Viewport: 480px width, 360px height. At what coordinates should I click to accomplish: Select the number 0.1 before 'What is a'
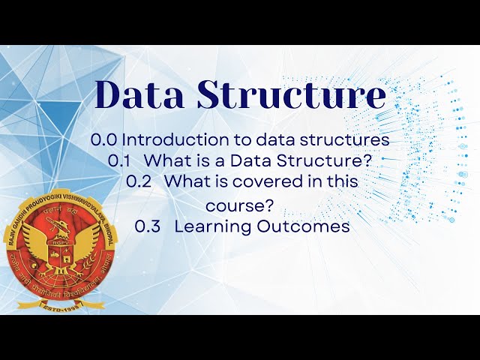(x=120, y=160)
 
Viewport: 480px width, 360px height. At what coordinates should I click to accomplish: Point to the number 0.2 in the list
(x=139, y=181)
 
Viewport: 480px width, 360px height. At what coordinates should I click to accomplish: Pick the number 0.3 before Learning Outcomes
(x=148, y=226)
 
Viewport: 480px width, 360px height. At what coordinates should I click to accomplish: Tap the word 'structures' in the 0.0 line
(x=352, y=139)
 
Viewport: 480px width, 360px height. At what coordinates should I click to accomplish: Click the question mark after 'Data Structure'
(x=367, y=160)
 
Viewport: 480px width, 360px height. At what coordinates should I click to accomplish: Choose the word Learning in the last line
(x=207, y=226)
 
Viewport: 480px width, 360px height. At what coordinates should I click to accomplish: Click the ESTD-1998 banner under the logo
(x=57, y=307)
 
